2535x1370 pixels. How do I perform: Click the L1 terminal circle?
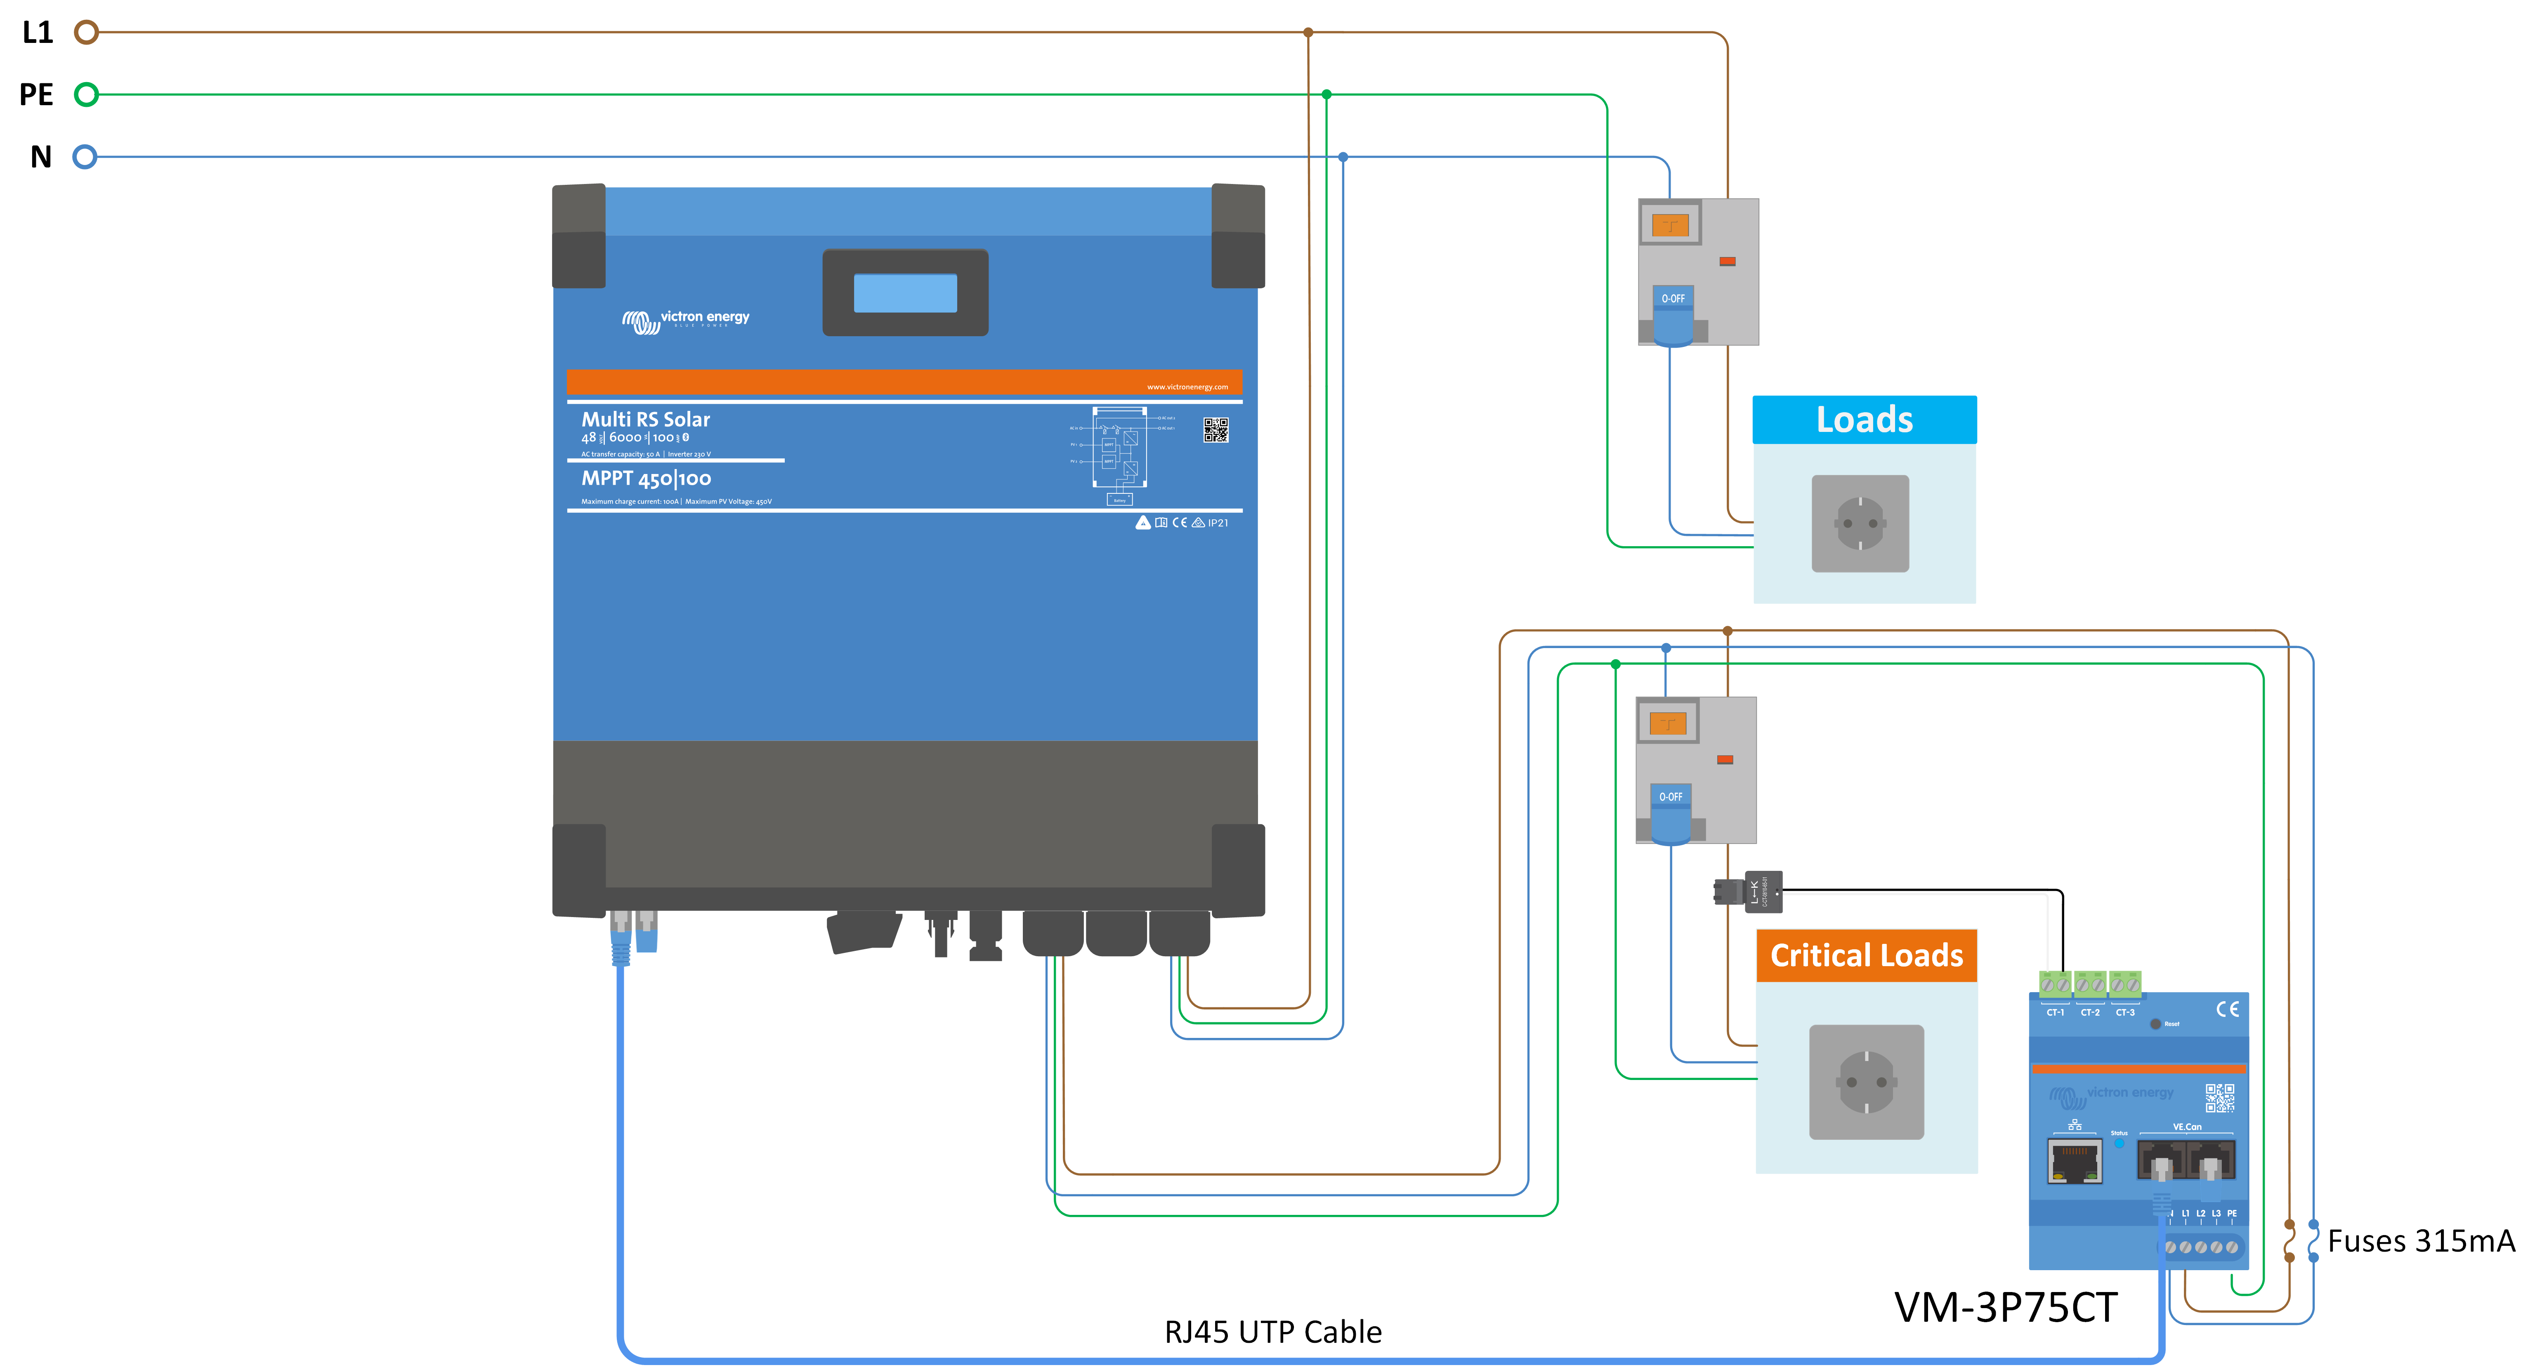[87, 33]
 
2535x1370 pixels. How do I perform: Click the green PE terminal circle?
[87, 94]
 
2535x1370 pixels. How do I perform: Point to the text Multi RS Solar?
[646, 419]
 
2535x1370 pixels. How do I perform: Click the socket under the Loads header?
[1860, 523]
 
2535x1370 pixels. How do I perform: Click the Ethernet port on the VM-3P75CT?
[2075, 1161]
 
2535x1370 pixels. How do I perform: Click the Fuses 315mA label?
[2421, 1241]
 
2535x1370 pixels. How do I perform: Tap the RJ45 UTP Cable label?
[1272, 1332]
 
